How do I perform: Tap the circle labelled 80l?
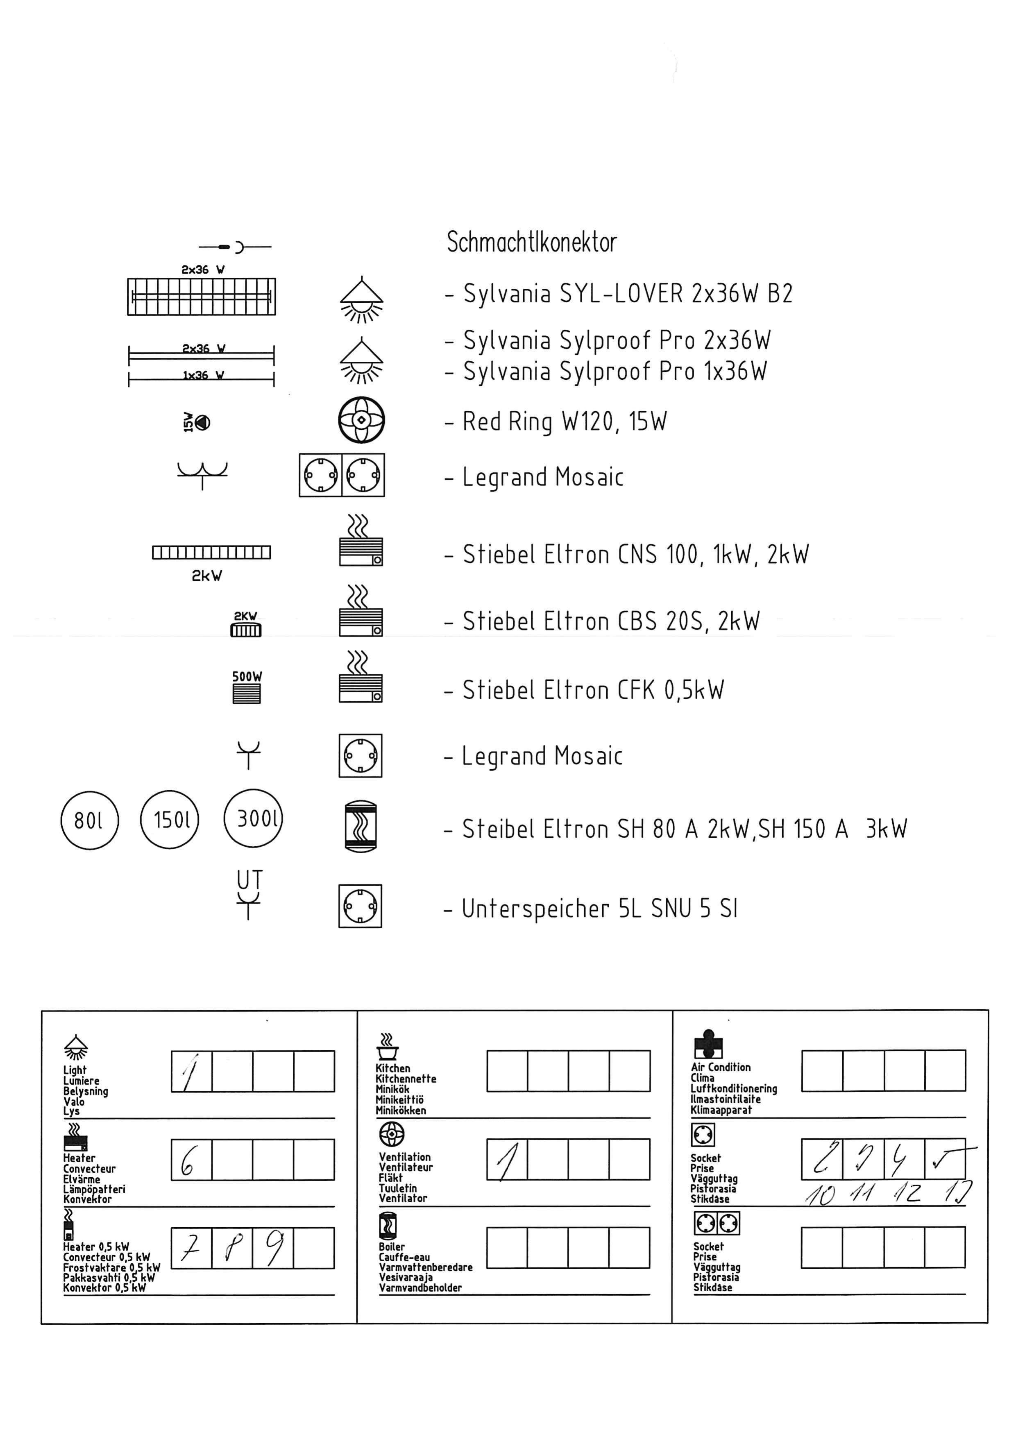pos(90,820)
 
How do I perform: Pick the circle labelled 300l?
pos(253,818)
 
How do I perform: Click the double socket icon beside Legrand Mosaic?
pos(342,475)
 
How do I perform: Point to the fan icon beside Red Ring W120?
pos(361,420)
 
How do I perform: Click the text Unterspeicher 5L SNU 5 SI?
pos(600,909)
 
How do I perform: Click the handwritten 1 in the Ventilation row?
pos(507,1162)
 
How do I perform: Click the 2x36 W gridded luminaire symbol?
pos(202,297)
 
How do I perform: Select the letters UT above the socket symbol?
pos(249,879)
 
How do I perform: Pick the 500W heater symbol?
pos(247,693)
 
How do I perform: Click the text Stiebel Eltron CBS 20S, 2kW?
pos(611,621)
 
